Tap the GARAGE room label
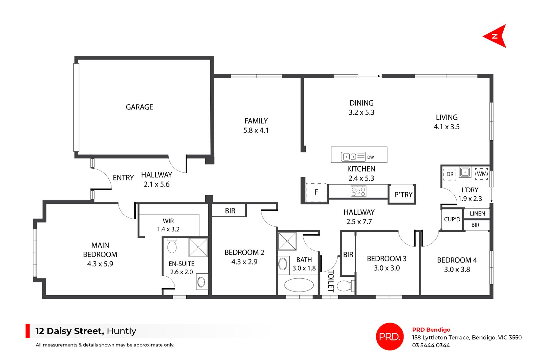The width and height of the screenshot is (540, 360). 139,107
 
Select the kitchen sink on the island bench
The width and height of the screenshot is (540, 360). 349,157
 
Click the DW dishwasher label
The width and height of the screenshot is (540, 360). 371,157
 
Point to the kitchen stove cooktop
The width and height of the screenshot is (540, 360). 358,191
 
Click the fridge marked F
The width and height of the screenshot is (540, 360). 316,192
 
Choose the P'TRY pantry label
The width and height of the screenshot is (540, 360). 403,195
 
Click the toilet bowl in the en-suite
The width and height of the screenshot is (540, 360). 172,246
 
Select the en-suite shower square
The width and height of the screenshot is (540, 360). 198,247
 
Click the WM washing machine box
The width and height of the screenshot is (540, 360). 482,174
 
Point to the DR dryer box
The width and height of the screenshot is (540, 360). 450,174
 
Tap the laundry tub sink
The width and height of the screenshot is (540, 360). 465,172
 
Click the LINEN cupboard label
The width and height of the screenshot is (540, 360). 477,214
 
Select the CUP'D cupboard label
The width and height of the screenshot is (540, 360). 452,219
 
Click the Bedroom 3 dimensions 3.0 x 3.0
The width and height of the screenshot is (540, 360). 387,268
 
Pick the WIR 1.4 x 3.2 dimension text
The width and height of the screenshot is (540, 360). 168,229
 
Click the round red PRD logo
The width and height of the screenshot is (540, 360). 389,336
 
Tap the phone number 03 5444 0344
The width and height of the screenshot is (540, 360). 431,345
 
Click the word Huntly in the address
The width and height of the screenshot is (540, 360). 122,331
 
